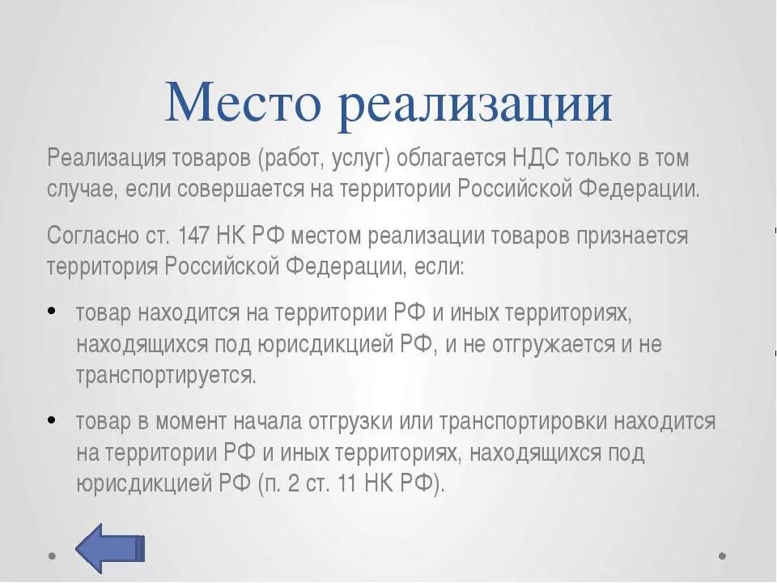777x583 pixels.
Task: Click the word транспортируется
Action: pyautogui.click(x=167, y=376)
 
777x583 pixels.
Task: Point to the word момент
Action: pyautogui.click(x=191, y=422)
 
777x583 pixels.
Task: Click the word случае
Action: pyautogui.click(x=81, y=189)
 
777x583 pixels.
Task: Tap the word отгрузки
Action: pyautogui.click(x=355, y=422)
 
